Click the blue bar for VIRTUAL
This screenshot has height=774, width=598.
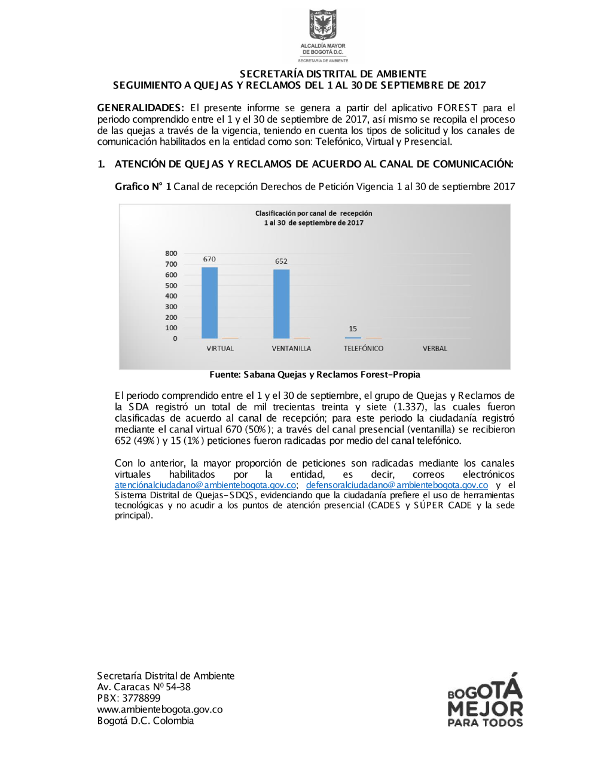pos(209,303)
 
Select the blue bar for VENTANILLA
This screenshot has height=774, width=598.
pos(281,304)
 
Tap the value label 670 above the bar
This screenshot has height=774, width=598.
pos(209,259)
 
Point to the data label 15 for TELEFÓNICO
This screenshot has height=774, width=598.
pos(353,328)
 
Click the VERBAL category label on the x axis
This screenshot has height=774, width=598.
pos(435,348)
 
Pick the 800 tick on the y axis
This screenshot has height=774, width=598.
pos(171,253)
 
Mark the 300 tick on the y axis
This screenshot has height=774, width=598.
pos(171,306)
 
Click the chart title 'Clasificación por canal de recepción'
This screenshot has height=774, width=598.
pos(313,213)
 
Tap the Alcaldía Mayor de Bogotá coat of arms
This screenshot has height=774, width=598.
pos(323,25)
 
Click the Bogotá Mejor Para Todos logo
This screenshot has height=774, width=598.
pos(485,700)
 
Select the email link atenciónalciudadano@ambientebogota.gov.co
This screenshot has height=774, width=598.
pos(205,485)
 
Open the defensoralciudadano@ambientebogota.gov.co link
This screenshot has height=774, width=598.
pos(396,485)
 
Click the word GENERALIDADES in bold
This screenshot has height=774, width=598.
pos(140,108)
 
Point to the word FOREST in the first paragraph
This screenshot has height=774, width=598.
pos(457,108)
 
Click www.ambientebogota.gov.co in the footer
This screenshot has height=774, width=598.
pos(160,709)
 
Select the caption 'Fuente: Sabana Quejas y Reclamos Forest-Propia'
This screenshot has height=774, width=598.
pos(315,374)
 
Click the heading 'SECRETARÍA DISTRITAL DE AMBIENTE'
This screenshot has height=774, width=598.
pos(333,74)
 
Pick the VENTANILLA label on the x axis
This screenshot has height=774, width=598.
pos(291,348)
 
